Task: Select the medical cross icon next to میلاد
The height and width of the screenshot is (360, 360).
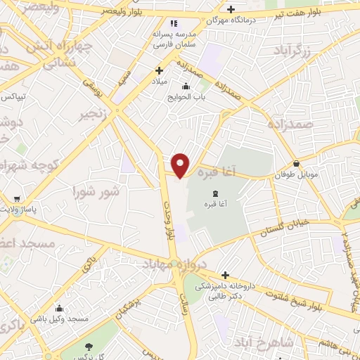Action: [x=160, y=70]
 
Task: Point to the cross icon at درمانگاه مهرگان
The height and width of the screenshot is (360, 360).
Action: [x=231, y=10]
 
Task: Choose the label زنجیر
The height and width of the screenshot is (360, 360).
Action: [x=94, y=114]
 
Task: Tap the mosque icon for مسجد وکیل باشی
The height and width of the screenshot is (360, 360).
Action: [x=59, y=309]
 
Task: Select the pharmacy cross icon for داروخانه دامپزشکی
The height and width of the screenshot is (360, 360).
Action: [x=224, y=276]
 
